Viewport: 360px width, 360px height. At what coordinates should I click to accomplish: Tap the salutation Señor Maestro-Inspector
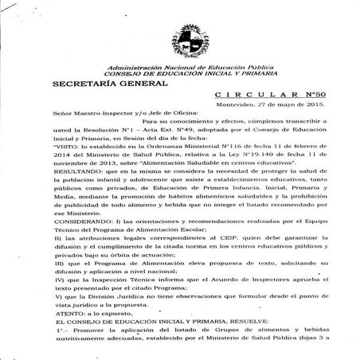[88, 114]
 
